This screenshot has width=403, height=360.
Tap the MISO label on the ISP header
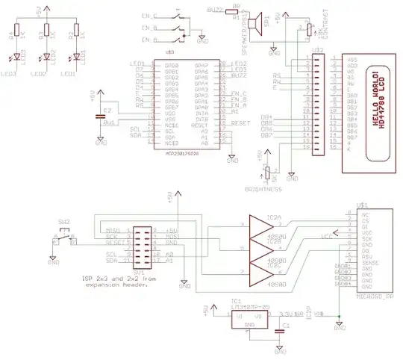pyautogui.click(x=113, y=230)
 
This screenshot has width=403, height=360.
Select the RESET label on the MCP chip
pyautogui.click(x=239, y=121)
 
